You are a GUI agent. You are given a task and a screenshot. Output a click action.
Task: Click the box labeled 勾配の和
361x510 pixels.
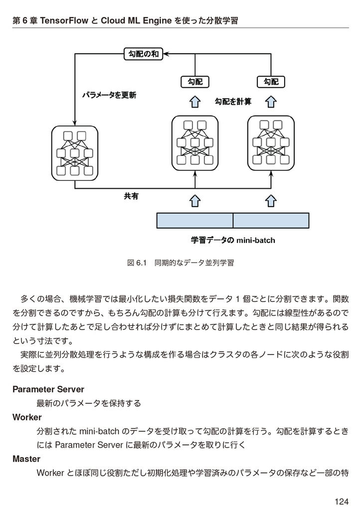click(x=144, y=54)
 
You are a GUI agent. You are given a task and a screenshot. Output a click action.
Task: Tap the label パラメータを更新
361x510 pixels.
click(x=109, y=95)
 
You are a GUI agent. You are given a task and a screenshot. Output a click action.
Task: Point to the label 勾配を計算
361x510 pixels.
click(x=233, y=102)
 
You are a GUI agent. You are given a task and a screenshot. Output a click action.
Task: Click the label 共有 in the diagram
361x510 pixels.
click(x=131, y=197)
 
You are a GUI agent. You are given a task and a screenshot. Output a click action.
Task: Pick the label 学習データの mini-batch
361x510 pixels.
click(x=233, y=241)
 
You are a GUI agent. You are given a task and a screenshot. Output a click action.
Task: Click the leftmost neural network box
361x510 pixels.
click(x=75, y=153)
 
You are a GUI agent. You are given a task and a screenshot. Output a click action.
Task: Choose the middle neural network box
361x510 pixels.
click(x=195, y=143)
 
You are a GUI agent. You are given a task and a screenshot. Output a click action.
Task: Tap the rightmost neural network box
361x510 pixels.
click(x=271, y=143)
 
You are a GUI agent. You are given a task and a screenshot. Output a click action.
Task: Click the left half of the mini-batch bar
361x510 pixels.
click(x=195, y=220)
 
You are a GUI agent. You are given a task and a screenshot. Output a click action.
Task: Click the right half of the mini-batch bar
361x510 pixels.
click(x=271, y=220)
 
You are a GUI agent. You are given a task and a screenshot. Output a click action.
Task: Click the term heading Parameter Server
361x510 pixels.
click(x=48, y=389)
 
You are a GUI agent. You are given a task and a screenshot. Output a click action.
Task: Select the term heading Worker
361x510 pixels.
click(x=27, y=417)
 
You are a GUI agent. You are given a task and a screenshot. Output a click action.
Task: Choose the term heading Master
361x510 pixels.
click(x=26, y=459)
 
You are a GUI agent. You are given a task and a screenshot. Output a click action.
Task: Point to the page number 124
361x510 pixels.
click(x=342, y=501)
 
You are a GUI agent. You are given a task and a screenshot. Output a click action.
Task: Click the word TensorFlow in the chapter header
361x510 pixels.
click(x=62, y=20)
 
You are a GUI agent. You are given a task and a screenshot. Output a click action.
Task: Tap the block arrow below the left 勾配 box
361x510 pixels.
click(x=195, y=102)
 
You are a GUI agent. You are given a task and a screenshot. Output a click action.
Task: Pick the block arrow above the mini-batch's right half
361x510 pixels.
click(x=271, y=200)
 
